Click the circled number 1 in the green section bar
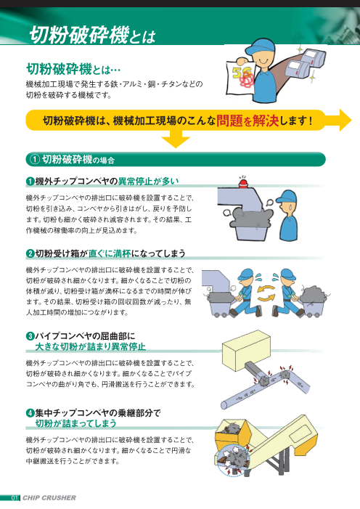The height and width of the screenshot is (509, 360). point(33,159)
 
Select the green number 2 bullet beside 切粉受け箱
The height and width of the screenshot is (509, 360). point(30,253)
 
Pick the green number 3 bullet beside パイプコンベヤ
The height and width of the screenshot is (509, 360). point(30,335)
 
